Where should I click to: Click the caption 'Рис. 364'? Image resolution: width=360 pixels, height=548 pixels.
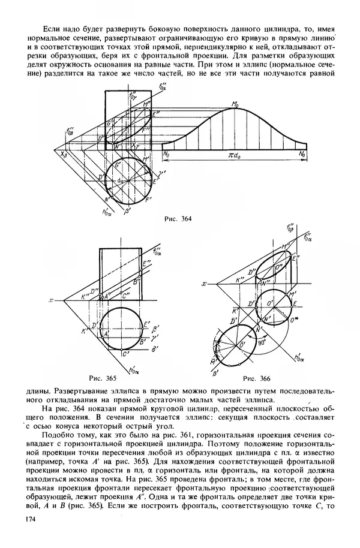[178, 218]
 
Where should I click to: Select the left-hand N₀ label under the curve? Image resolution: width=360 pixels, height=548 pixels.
[166, 154]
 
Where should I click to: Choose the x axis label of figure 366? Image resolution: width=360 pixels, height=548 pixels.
[205, 284]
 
